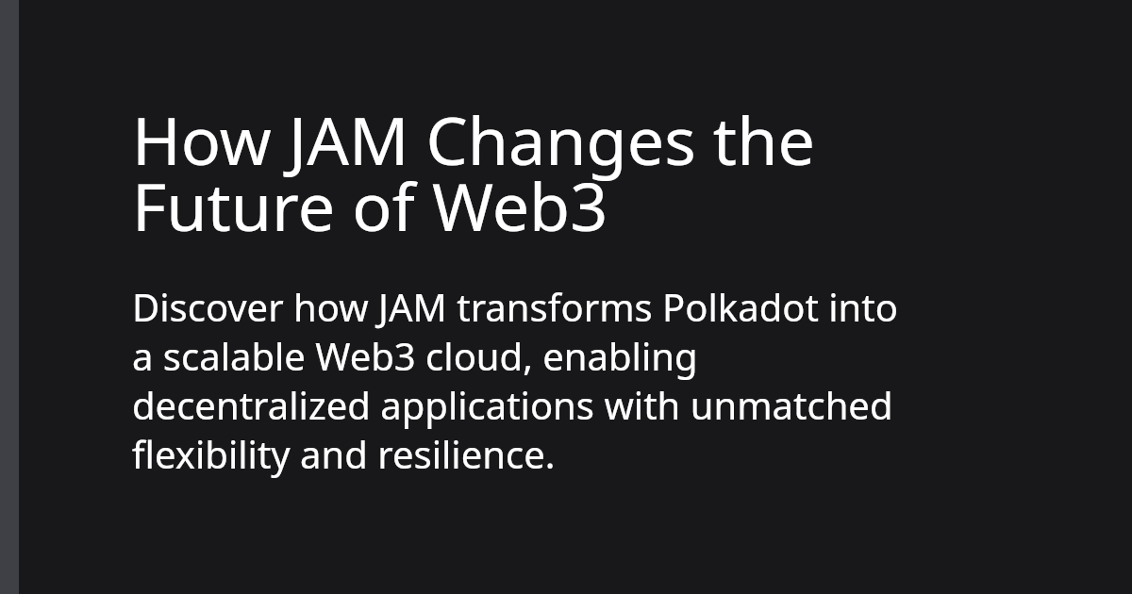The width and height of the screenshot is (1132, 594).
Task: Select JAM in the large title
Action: pos(346,143)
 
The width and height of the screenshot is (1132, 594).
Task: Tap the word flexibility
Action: pos(209,457)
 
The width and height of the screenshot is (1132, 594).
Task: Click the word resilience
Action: pos(464,457)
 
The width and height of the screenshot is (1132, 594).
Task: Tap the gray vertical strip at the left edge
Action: pos(9,297)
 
